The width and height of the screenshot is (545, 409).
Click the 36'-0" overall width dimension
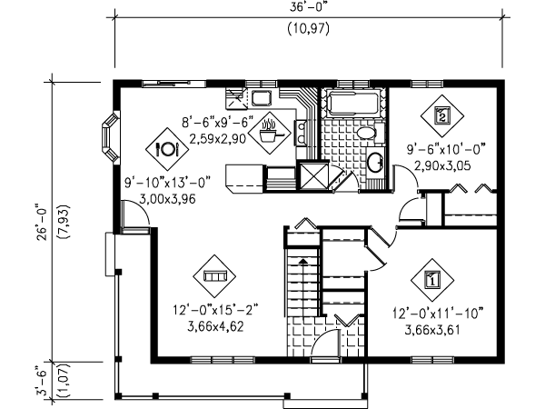click(309, 7)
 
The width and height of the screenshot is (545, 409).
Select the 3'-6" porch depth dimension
click(42, 380)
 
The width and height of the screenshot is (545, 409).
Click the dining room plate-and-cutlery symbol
click(167, 149)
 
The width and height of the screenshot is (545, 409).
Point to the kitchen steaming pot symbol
click(271, 133)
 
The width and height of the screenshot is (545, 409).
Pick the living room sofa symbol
click(214, 276)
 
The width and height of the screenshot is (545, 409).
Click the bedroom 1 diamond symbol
click(432, 280)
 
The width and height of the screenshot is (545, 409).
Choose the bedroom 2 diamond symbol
click(442, 116)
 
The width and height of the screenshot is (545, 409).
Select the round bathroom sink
click(376, 163)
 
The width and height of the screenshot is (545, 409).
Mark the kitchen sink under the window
click(262, 98)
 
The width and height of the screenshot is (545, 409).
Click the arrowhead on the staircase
click(303, 261)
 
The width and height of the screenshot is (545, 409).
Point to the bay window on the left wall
click(110, 137)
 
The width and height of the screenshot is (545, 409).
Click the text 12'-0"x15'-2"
click(215, 309)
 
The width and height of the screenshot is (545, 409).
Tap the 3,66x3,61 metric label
click(432, 330)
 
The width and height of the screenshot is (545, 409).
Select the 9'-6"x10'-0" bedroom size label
click(446, 150)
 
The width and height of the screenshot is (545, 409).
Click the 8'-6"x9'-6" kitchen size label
click(218, 123)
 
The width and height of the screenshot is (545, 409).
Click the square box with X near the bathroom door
click(314, 175)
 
